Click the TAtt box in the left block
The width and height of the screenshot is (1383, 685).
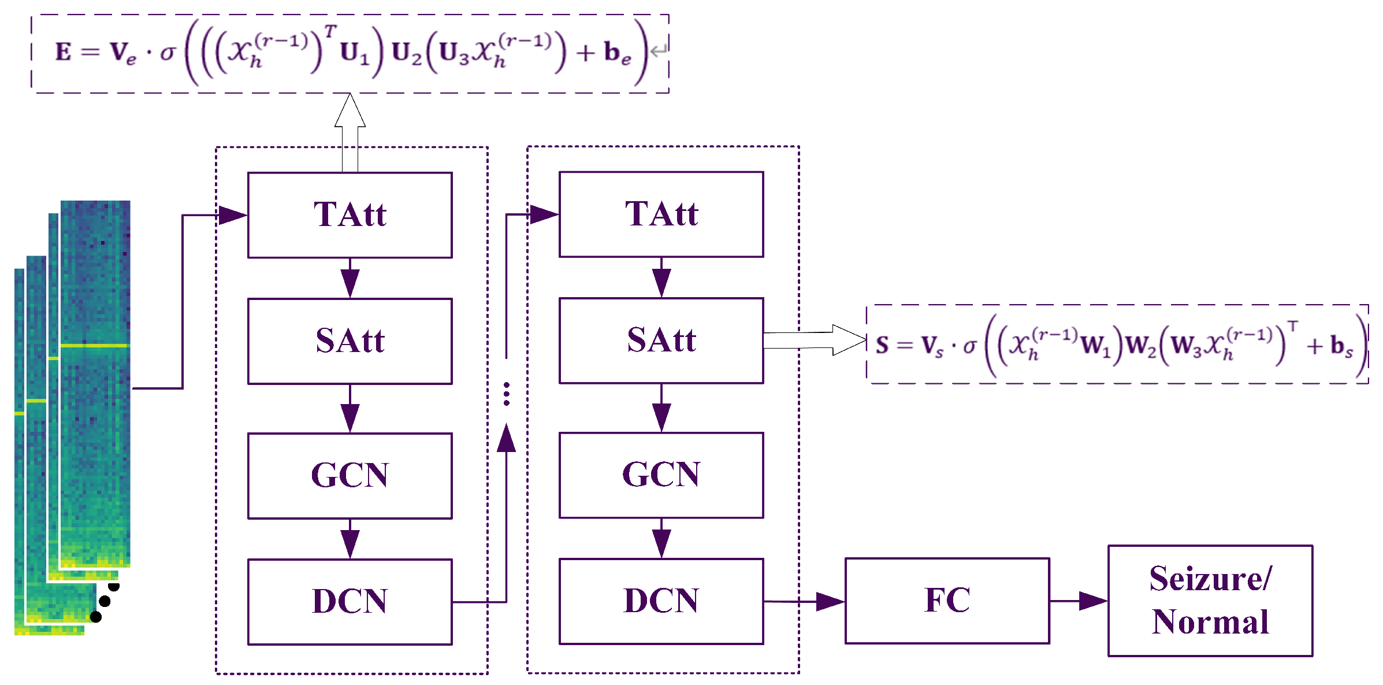tap(350, 215)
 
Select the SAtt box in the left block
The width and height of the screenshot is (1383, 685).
tap(350, 341)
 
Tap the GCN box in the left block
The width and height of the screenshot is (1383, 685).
tap(350, 476)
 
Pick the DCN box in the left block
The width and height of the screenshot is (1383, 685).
tap(350, 602)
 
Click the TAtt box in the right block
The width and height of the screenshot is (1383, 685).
tap(661, 214)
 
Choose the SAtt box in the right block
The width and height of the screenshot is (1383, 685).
tap(661, 340)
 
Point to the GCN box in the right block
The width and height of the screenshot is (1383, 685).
tap(661, 475)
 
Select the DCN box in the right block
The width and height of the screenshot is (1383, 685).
tap(661, 601)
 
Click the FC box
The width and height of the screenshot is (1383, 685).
tap(947, 601)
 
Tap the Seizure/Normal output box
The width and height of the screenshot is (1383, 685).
tap(1210, 601)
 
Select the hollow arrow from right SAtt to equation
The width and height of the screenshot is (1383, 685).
tap(815, 340)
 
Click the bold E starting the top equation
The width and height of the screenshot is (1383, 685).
tap(63, 52)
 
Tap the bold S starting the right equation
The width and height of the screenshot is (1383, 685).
tap(882, 345)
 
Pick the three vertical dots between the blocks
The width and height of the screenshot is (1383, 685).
tap(506, 394)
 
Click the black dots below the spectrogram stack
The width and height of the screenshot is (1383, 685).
tap(105, 602)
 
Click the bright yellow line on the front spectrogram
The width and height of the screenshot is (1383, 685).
tap(95, 346)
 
